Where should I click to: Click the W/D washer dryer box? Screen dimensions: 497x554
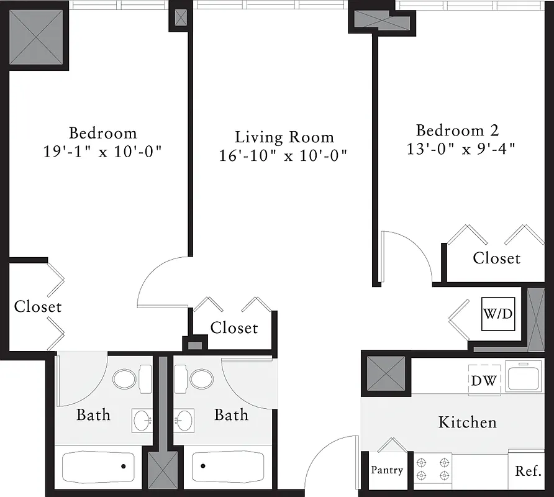pos(499,314)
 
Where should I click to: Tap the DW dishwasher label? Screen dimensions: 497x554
pos(484,380)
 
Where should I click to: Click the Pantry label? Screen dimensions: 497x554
pos(387,470)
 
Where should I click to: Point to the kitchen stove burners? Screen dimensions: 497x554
pos(433,469)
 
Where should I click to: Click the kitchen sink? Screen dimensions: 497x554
pos(524,376)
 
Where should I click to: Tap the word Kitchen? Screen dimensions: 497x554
pos(467,422)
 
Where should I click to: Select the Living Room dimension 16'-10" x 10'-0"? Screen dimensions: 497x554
pos(283,155)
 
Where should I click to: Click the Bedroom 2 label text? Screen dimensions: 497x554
pos(457,130)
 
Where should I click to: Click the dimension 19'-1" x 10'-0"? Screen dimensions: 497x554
pos(102,152)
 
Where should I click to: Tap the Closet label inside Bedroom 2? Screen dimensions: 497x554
pos(496,258)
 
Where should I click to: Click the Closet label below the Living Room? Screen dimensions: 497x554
pos(234,327)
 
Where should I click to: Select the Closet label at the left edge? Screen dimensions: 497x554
pos(38,306)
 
